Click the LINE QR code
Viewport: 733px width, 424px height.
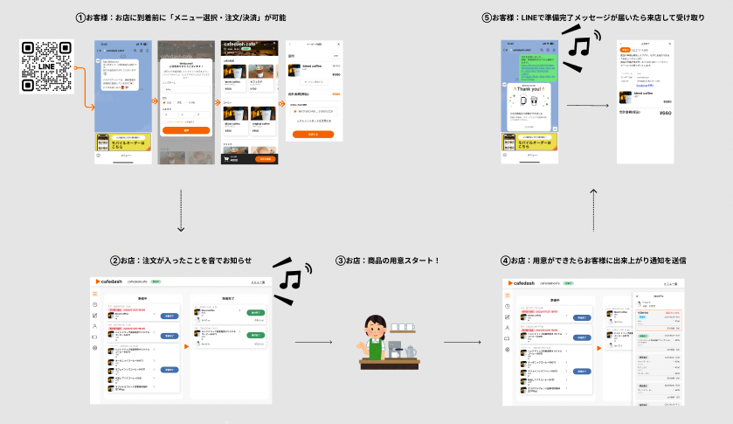(x=45, y=66)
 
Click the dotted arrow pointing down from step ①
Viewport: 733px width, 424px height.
(x=182, y=210)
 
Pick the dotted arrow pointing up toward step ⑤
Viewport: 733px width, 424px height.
(x=593, y=210)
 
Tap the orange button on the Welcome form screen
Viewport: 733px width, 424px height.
(x=186, y=129)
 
